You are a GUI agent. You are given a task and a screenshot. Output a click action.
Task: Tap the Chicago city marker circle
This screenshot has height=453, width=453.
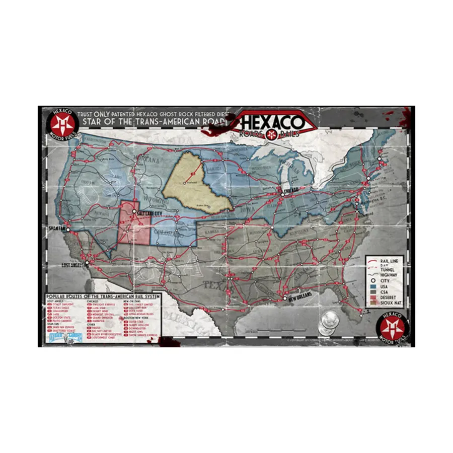point(282,194)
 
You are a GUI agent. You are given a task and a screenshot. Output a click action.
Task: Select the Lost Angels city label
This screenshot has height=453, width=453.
point(74,264)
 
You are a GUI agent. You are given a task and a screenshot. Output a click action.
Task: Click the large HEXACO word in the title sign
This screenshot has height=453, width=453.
point(272,122)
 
